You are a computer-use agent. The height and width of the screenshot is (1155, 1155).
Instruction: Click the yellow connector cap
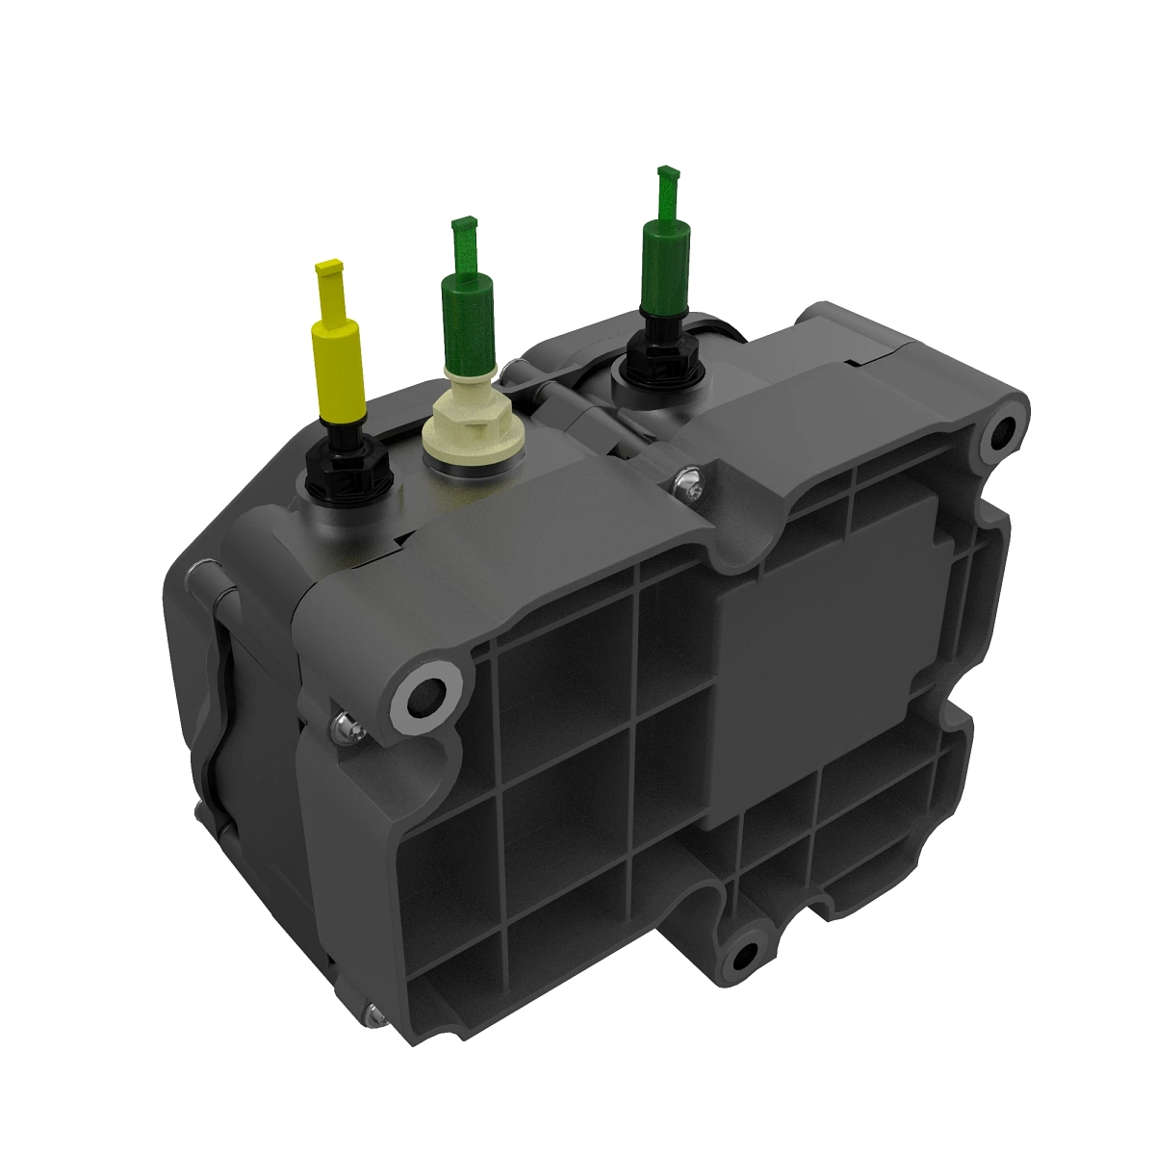click(x=336, y=366)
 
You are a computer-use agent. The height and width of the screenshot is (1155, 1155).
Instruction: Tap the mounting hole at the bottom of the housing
click(x=742, y=959)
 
